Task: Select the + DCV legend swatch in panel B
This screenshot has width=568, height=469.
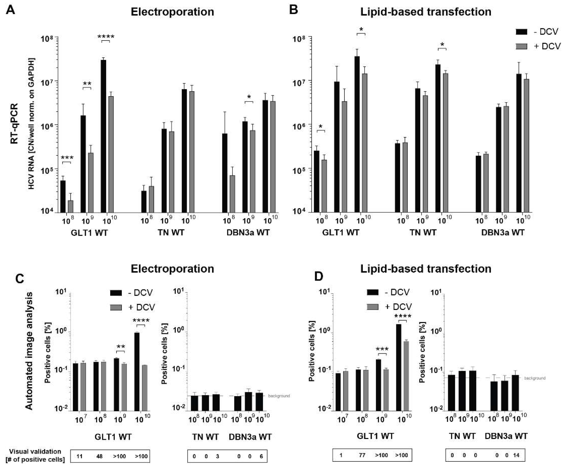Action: [x=522, y=46]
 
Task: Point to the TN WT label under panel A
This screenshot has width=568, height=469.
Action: [x=171, y=232]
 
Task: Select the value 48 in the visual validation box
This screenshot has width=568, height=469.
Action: [x=99, y=456]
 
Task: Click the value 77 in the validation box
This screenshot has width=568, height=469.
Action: [x=362, y=455]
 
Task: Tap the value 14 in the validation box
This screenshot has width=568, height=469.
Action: [x=516, y=455]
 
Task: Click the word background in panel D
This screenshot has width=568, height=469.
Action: [x=534, y=378]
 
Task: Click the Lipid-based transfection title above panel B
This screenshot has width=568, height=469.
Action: [x=426, y=12]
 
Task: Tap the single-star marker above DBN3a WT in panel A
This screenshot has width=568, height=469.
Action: [x=249, y=97]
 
